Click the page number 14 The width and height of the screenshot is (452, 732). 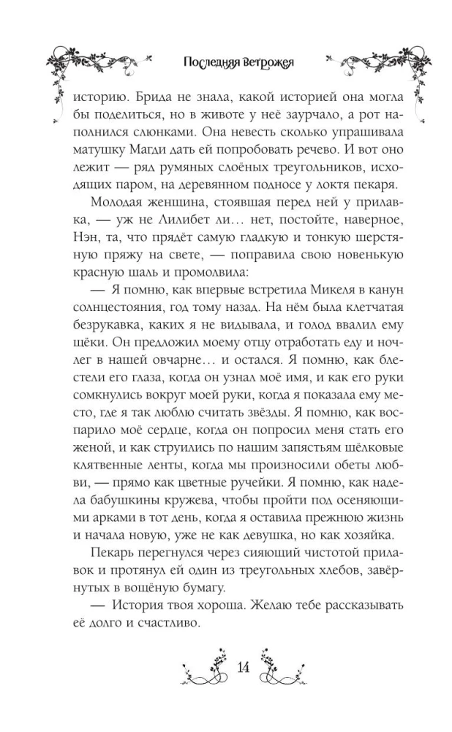click(244, 666)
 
